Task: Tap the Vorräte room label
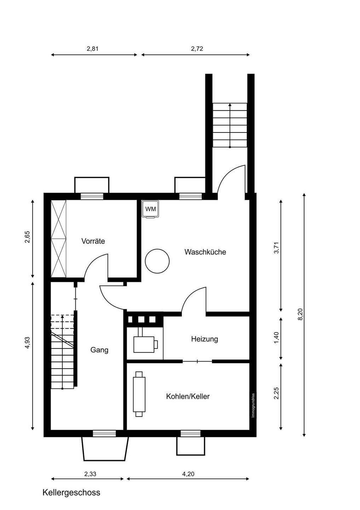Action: tap(93, 241)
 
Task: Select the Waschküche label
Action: tap(205, 252)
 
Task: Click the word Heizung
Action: tap(204, 339)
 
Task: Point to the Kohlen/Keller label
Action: tap(188, 396)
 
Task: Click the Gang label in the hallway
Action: tap(99, 350)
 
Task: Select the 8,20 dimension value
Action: tap(301, 314)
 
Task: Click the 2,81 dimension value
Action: tap(92, 49)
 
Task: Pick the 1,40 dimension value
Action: tap(276, 338)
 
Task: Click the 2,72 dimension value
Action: tap(197, 49)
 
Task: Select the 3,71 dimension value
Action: tap(276, 248)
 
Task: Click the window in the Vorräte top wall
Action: tap(92, 196)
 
